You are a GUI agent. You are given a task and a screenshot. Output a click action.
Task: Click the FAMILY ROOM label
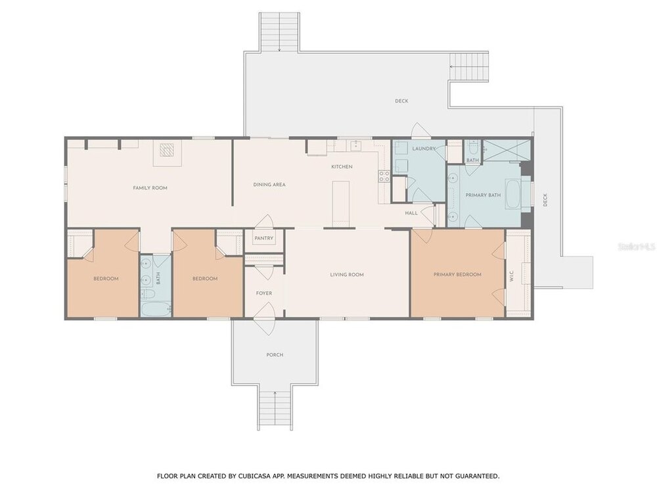(x=150, y=188)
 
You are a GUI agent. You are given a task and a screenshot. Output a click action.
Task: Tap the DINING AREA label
(x=269, y=185)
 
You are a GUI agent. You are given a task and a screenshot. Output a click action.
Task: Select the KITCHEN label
(x=342, y=166)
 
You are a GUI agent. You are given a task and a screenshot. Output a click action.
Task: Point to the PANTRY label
(x=264, y=238)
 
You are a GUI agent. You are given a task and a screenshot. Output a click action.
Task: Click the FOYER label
(x=264, y=293)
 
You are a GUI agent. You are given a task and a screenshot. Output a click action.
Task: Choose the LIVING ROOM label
(x=347, y=275)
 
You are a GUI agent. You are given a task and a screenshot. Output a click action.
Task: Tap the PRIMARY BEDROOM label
(x=457, y=275)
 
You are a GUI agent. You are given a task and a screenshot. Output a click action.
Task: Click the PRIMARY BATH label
(x=483, y=195)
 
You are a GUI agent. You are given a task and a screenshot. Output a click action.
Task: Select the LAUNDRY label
(x=424, y=149)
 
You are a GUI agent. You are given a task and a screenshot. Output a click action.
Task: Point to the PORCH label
(x=275, y=355)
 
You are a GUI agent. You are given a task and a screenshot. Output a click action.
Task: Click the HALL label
(x=411, y=213)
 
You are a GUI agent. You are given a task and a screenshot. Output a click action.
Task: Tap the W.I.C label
(x=512, y=276)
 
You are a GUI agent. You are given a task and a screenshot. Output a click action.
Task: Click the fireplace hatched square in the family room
(x=168, y=150)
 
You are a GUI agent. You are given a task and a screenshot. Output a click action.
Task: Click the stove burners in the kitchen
(x=384, y=176)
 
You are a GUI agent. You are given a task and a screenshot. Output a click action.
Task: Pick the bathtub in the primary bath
(x=513, y=194)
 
